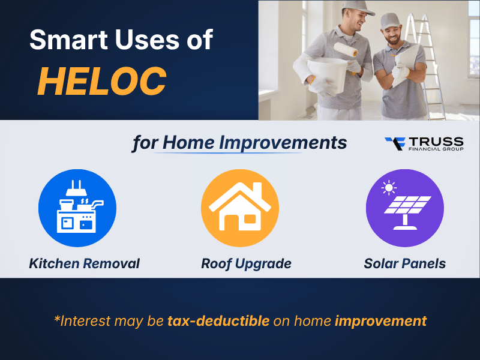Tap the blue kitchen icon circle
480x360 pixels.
[77, 208]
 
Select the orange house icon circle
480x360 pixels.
[239, 208]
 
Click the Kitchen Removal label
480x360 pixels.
[84, 263]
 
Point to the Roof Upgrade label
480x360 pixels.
[246, 263]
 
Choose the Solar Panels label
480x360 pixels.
[404, 263]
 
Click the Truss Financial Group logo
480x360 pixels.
[424, 144]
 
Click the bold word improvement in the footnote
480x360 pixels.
[380, 320]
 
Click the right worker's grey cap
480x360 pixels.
[391, 20]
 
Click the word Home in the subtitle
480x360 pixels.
[188, 143]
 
